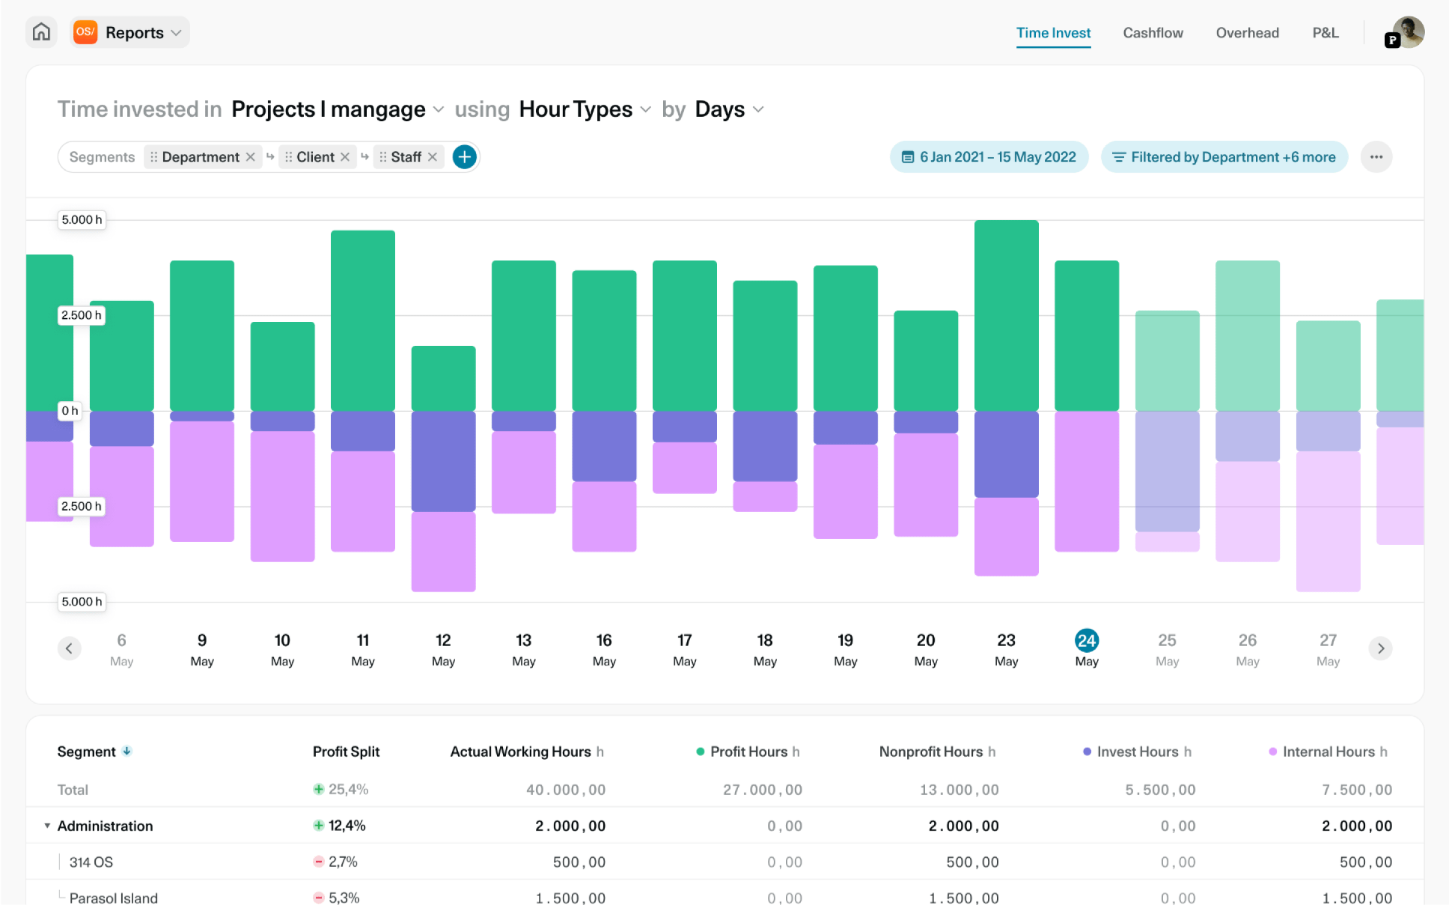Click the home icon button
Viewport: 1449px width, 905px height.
pyautogui.click(x=41, y=32)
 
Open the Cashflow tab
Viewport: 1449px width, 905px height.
pyautogui.click(x=1153, y=33)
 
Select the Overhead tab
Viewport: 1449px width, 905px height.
pyautogui.click(x=1247, y=33)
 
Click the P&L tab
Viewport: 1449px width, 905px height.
pyautogui.click(x=1326, y=33)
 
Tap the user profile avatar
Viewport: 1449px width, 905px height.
pyautogui.click(x=1408, y=32)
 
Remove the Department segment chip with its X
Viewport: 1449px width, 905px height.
pyautogui.click(x=250, y=157)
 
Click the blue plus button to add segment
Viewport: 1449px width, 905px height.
pyautogui.click(x=465, y=157)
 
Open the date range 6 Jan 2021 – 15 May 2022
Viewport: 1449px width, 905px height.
pyautogui.click(x=989, y=157)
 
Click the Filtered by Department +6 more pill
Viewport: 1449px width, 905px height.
pyautogui.click(x=1224, y=157)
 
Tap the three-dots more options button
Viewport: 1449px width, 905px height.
pyautogui.click(x=1376, y=157)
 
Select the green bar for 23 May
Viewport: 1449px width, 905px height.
pyautogui.click(x=1006, y=315)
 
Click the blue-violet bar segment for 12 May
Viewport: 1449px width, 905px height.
pyautogui.click(x=443, y=461)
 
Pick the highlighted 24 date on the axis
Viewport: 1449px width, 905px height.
pyautogui.click(x=1087, y=641)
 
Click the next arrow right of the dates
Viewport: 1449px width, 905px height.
pyautogui.click(x=1381, y=648)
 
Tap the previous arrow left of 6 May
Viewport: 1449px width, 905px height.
pyautogui.click(x=69, y=648)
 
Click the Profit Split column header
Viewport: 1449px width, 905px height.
pyautogui.click(x=346, y=752)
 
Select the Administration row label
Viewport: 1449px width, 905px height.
pyautogui.click(x=105, y=826)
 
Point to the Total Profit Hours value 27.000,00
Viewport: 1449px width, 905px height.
pyautogui.click(x=762, y=790)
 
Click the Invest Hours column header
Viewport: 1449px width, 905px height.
pyautogui.click(x=1137, y=752)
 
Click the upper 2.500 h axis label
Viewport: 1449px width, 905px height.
pyautogui.click(x=82, y=315)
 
